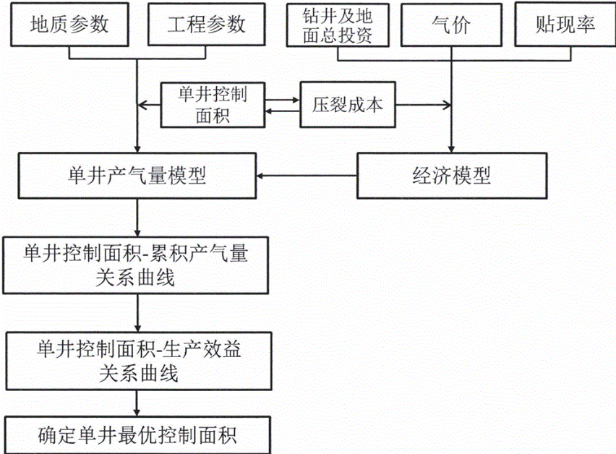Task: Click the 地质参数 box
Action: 69,25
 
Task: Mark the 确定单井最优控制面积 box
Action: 137,435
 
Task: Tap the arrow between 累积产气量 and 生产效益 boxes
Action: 137,310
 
